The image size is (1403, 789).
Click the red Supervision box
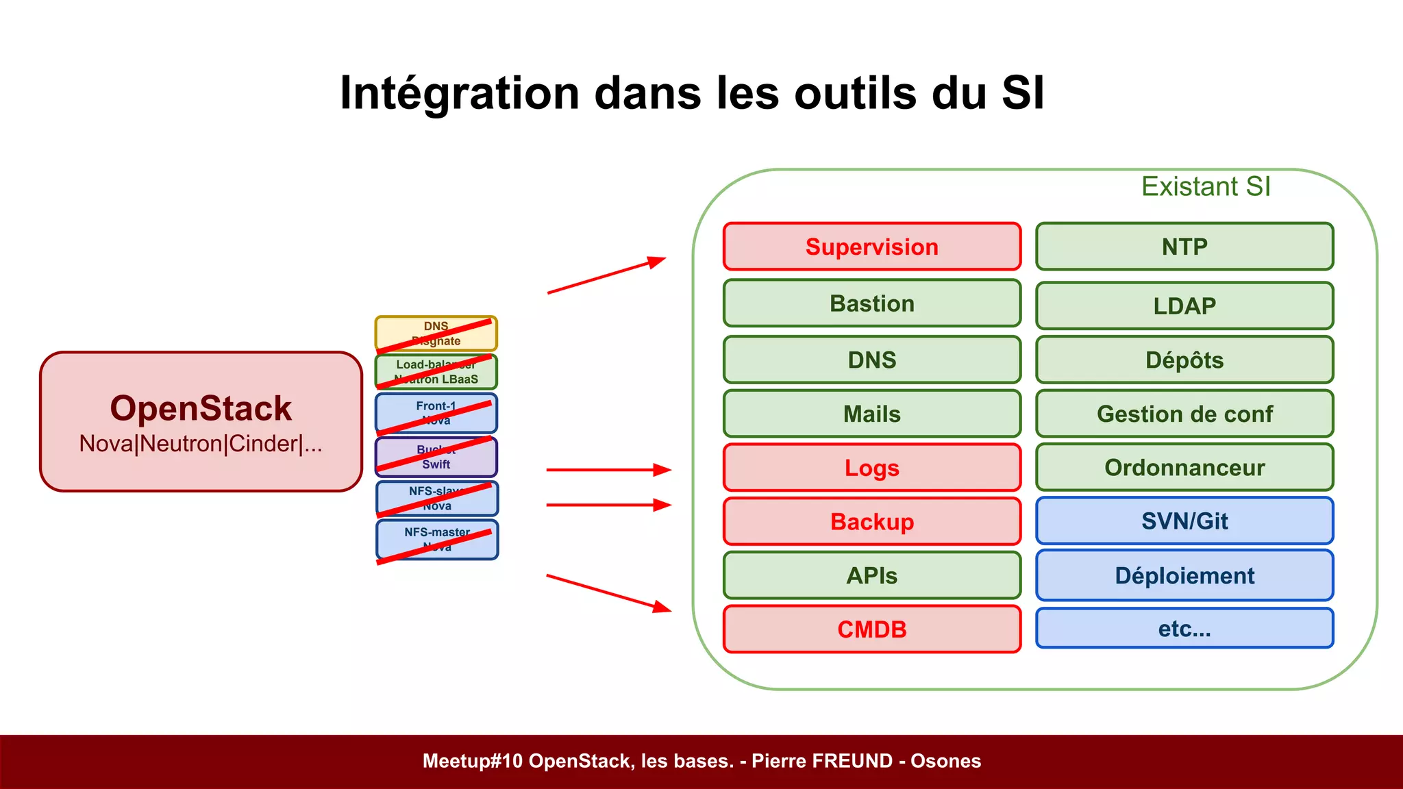coord(871,247)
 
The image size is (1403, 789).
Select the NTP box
coord(1184,247)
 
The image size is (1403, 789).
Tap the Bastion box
coord(871,303)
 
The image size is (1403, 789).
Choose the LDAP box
coord(1184,305)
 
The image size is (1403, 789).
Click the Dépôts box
coord(1184,360)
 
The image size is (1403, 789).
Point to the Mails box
coord(871,414)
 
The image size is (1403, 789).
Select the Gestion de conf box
coord(1184,414)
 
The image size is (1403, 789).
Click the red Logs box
coord(871,468)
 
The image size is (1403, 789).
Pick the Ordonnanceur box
coord(1184,467)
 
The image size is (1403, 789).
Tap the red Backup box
coord(871,522)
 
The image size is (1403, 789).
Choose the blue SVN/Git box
coord(1184,521)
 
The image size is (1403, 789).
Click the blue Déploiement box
coord(1184,575)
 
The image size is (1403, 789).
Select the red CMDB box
coord(871,629)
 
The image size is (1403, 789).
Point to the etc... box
coord(1184,628)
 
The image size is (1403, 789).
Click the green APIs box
coord(871,575)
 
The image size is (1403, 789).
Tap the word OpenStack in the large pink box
coord(201,408)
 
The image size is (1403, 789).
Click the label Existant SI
coord(1206,186)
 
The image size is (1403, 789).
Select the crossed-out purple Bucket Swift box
coord(436,457)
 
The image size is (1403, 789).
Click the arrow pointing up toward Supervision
coord(606,276)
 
